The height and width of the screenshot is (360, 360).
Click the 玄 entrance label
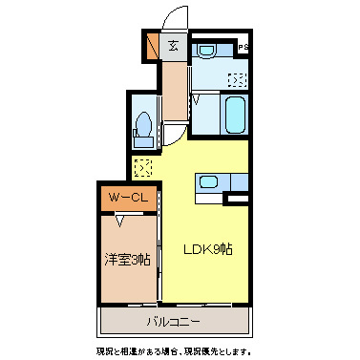174,45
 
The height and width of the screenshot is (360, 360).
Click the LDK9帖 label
209,248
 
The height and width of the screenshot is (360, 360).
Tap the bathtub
235,116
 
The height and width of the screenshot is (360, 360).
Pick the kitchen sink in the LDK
208,183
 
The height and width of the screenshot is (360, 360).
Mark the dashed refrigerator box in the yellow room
142,168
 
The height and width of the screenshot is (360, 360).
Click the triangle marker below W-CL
120,221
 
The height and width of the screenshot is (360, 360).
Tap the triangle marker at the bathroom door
195,97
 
